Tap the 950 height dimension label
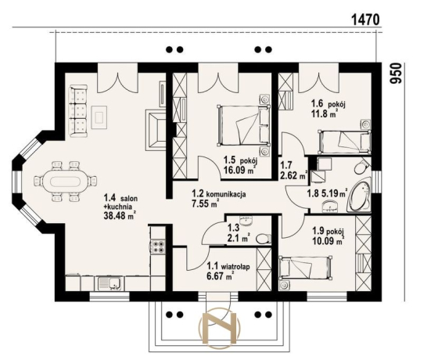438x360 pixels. click(x=396, y=74)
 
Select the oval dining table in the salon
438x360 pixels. click(x=65, y=182)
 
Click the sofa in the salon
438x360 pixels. click(x=78, y=111)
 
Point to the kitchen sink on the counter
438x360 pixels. click(x=109, y=283)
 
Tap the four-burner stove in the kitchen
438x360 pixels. click(x=157, y=247)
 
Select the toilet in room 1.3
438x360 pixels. click(x=264, y=239)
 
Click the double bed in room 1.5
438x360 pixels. click(x=244, y=125)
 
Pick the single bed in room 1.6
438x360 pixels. click(x=345, y=142)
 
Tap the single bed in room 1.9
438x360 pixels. click(x=306, y=268)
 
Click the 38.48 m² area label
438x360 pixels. click(x=120, y=215)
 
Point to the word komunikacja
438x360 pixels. click(x=226, y=194)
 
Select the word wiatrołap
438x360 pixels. click(x=235, y=266)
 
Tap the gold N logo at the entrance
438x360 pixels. click(x=219, y=328)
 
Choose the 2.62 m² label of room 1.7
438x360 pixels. click(x=293, y=175)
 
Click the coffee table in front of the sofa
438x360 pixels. click(x=99, y=117)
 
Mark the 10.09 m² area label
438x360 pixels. click(x=328, y=241)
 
